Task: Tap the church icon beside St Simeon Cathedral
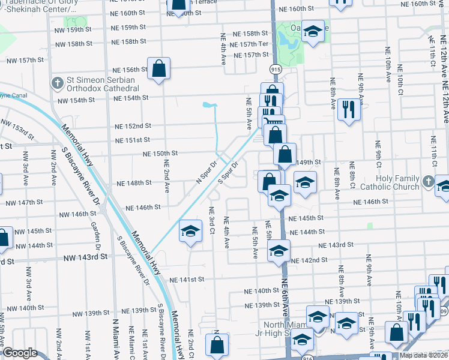click(57, 82)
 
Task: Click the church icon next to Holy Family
click(427, 181)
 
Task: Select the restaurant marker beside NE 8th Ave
click(348, 109)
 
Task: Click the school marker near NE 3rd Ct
click(190, 231)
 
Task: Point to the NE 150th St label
click(160, 154)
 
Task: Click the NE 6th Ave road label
click(285, 294)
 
